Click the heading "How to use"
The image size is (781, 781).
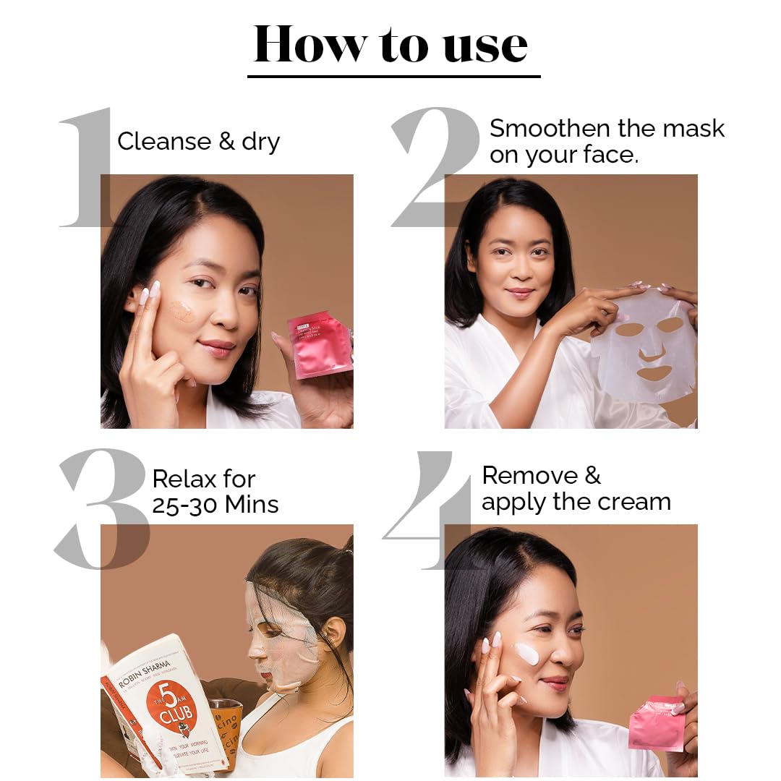click(391, 45)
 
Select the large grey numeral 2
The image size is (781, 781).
click(435, 166)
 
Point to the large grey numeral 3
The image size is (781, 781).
click(102, 509)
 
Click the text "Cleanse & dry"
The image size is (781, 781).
click(198, 141)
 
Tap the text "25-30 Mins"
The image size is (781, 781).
click(215, 504)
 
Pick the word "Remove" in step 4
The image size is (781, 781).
click(532, 475)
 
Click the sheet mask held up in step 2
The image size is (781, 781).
click(644, 347)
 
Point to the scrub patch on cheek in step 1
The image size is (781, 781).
click(182, 310)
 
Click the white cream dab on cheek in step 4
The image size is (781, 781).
click(526, 654)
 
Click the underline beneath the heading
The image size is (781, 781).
click(393, 76)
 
